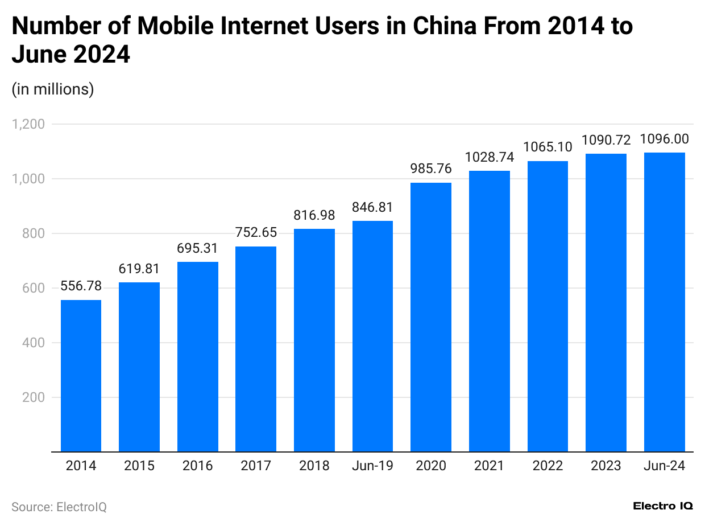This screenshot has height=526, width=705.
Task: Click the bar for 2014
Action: (x=81, y=376)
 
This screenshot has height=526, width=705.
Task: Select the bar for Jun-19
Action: (x=372, y=336)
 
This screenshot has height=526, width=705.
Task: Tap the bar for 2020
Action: (x=431, y=317)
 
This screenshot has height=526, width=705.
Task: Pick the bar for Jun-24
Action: (x=664, y=302)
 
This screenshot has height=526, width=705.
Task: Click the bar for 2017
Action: (x=256, y=349)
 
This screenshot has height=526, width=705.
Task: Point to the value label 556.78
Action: (x=81, y=286)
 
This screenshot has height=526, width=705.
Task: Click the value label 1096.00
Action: (x=664, y=139)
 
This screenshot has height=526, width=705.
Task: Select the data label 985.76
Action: (x=431, y=169)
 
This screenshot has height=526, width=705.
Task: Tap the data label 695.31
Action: (x=197, y=248)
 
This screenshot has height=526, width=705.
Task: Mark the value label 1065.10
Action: (x=548, y=147)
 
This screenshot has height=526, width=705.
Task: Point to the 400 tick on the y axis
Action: (x=35, y=343)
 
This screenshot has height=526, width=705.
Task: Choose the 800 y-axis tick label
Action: (x=35, y=233)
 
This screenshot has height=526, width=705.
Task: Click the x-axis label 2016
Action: (x=197, y=466)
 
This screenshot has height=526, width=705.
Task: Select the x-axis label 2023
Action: (x=606, y=466)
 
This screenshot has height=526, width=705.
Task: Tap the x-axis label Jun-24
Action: (x=664, y=466)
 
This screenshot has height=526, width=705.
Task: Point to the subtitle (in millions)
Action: (x=53, y=89)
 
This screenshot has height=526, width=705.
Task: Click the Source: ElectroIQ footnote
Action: (x=59, y=506)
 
